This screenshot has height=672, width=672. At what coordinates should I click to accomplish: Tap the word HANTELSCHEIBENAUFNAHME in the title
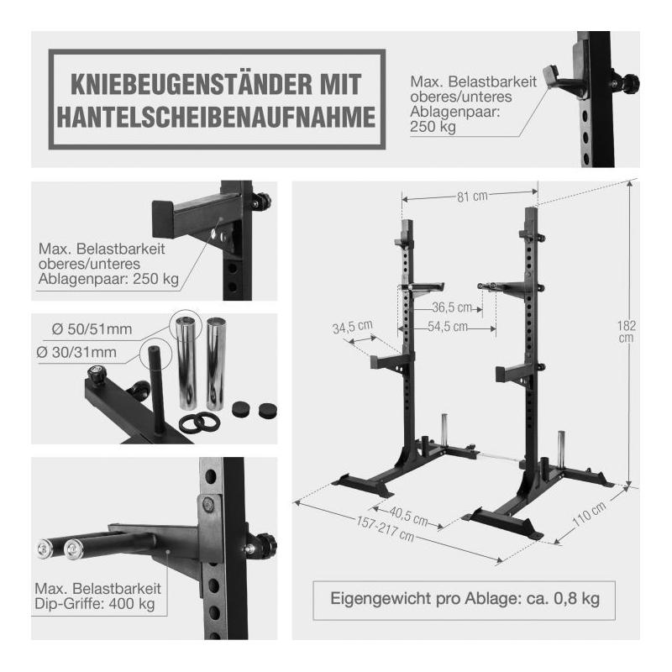(217, 117)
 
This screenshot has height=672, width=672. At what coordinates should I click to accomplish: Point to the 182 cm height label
(626, 331)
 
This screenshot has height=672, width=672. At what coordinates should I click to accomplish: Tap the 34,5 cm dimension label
(353, 327)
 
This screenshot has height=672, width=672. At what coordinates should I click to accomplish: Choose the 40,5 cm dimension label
(408, 516)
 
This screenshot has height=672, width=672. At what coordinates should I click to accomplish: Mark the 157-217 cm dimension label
(386, 529)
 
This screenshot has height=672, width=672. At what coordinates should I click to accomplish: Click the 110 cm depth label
(590, 513)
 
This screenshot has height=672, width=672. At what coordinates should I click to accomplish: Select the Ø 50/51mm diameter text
(92, 329)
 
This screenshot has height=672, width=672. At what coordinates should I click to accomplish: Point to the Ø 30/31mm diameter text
(76, 352)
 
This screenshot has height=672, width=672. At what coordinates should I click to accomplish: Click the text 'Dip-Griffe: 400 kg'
(94, 604)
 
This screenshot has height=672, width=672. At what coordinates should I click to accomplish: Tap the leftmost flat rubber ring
(190, 423)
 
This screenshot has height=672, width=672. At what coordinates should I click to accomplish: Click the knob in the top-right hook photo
(629, 81)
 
